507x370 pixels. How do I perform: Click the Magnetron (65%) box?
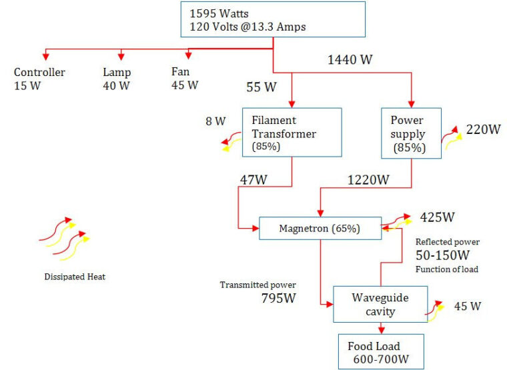(320, 228)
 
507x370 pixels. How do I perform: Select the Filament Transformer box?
(292, 133)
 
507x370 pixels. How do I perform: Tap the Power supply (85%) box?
(412, 133)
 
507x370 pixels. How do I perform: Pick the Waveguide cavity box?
(380, 304)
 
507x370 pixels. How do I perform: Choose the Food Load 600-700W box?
(381, 352)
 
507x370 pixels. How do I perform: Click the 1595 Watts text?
(219, 13)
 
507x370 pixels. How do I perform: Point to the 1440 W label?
(350, 60)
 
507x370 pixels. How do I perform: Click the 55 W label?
(262, 87)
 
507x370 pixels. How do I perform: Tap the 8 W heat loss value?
(215, 121)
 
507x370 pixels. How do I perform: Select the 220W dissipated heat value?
(483, 129)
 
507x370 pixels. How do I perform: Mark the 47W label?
(253, 180)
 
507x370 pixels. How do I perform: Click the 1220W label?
(368, 180)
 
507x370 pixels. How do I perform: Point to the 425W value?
(437, 217)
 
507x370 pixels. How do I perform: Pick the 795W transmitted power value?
(278, 298)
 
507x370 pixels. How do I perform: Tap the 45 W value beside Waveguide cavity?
(468, 306)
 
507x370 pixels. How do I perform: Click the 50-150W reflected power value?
(442, 255)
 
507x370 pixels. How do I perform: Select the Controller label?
(39, 72)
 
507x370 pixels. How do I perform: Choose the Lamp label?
(117, 73)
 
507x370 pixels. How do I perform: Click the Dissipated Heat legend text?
(75, 277)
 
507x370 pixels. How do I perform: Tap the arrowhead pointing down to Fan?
(189, 56)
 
